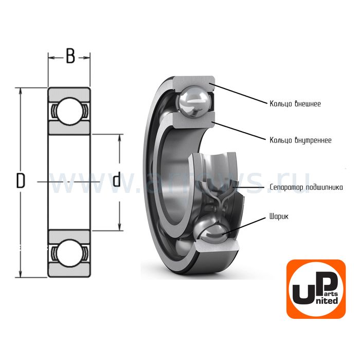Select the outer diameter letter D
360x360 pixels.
(21, 181)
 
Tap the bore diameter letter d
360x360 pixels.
(117, 179)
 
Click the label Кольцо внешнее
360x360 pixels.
(295, 103)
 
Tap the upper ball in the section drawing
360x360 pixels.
(69, 110)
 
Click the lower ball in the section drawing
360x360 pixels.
(69, 251)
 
